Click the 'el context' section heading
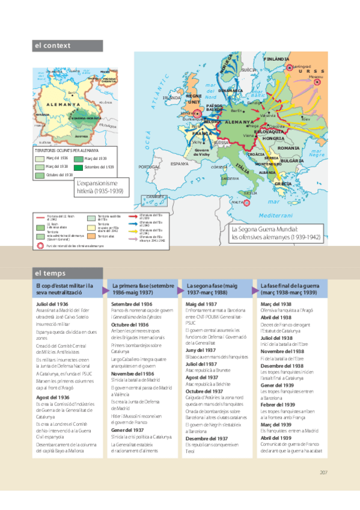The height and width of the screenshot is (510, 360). coord(52,45)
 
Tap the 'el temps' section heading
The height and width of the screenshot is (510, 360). coord(50,273)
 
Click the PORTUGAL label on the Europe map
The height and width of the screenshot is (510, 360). coord(149,167)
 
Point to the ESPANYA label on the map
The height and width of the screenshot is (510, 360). coord(179,163)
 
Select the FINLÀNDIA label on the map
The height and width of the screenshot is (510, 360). coord(276,60)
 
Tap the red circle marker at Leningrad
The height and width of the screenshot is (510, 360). coord(287,67)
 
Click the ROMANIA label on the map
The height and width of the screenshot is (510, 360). coord(288,148)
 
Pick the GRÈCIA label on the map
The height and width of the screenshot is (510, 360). coord(283,183)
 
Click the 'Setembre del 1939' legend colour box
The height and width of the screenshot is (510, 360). coord(79,167)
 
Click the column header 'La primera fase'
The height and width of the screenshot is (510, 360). coord(142,288)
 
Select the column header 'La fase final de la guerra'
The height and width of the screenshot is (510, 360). coord(291,288)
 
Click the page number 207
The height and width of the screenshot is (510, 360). coord(323,472)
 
